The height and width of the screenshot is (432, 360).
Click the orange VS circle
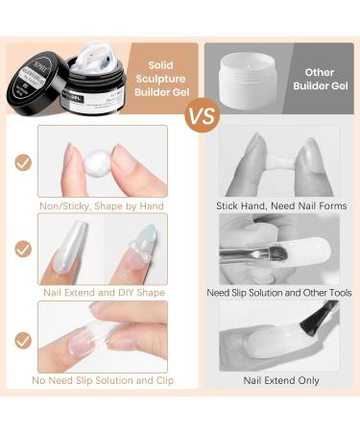(202, 116)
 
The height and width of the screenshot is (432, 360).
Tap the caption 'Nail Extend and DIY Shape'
(103, 292)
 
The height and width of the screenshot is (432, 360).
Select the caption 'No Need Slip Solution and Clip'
(103, 381)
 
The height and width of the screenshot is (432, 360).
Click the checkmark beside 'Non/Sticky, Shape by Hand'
(23, 161)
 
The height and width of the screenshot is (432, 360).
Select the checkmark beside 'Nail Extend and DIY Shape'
(23, 249)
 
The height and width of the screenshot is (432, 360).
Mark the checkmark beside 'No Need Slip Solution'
(23, 339)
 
